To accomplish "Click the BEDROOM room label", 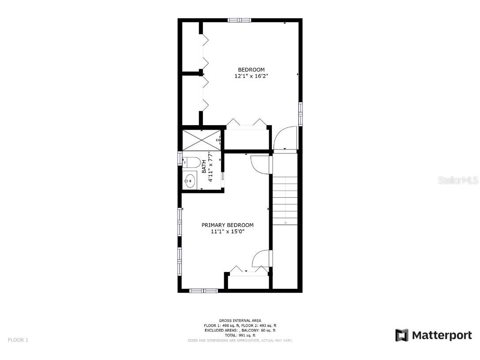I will [251, 69].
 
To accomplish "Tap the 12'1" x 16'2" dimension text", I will [251, 76].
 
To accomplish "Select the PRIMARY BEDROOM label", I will [228, 225].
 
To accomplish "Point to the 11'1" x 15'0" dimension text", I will [228, 231].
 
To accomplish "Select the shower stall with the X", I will [202, 140].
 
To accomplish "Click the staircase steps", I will [285, 199].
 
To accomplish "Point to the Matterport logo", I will [434, 335].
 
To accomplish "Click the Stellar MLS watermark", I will [457, 180].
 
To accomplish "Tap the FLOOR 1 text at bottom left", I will [18, 340].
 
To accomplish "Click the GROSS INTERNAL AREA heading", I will [240, 321].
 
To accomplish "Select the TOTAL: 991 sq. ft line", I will [240, 335].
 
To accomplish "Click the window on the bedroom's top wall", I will [240, 20].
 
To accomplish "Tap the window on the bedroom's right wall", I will [301, 114].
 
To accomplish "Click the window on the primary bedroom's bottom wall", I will [203, 291].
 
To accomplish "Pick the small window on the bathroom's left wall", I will [180, 158].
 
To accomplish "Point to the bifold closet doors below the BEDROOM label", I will [247, 123].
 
